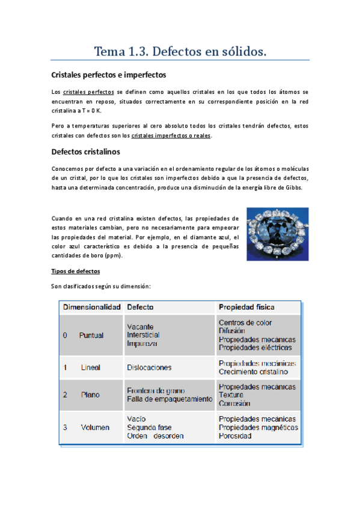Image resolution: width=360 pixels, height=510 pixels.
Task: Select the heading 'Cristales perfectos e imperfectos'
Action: pyautogui.click(x=109, y=75)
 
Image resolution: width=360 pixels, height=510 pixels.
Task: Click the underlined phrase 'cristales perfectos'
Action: pyautogui.click(x=88, y=92)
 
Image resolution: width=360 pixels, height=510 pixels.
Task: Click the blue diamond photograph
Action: pyautogui.click(x=278, y=233)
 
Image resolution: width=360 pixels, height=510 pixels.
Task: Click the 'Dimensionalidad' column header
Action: pyautogui.click(x=92, y=307)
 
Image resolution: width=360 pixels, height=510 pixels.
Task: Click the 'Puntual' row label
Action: pyautogui.click(x=91, y=336)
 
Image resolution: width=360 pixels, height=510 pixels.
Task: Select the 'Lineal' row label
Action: pyautogui.click(x=91, y=367)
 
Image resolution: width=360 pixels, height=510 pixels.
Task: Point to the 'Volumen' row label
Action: pyautogui.click(x=95, y=428)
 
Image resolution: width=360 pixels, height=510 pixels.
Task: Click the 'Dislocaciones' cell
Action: pyautogui.click(x=149, y=367)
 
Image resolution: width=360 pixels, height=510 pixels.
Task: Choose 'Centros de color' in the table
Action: pyautogui.click(x=245, y=323)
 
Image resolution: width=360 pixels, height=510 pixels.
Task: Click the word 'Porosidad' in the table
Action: pyautogui.click(x=235, y=436)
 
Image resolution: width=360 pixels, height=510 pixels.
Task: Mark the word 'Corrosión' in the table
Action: pyautogui.click(x=235, y=404)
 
